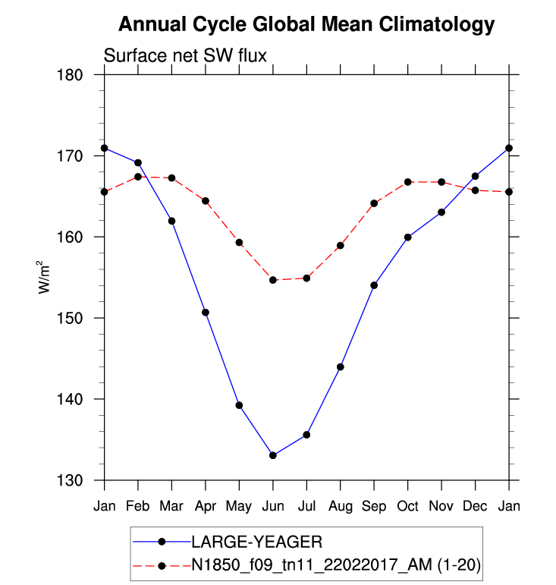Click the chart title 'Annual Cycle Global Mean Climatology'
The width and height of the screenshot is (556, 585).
click(306, 25)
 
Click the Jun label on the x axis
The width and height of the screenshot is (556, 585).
click(272, 506)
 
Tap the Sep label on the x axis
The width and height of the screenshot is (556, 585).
click(374, 506)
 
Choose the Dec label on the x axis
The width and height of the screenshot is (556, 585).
click(475, 506)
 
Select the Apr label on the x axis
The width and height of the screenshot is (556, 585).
click(205, 506)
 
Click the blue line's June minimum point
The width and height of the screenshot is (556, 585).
click(272, 455)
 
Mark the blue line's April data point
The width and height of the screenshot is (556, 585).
click(205, 313)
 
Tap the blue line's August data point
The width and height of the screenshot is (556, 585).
click(340, 367)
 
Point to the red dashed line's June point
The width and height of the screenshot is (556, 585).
click(272, 280)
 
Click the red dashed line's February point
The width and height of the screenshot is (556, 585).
click(137, 177)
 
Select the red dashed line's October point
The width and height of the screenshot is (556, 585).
click(407, 182)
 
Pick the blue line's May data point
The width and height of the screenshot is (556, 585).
click(239, 405)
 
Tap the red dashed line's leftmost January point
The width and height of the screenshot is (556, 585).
click(104, 192)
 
